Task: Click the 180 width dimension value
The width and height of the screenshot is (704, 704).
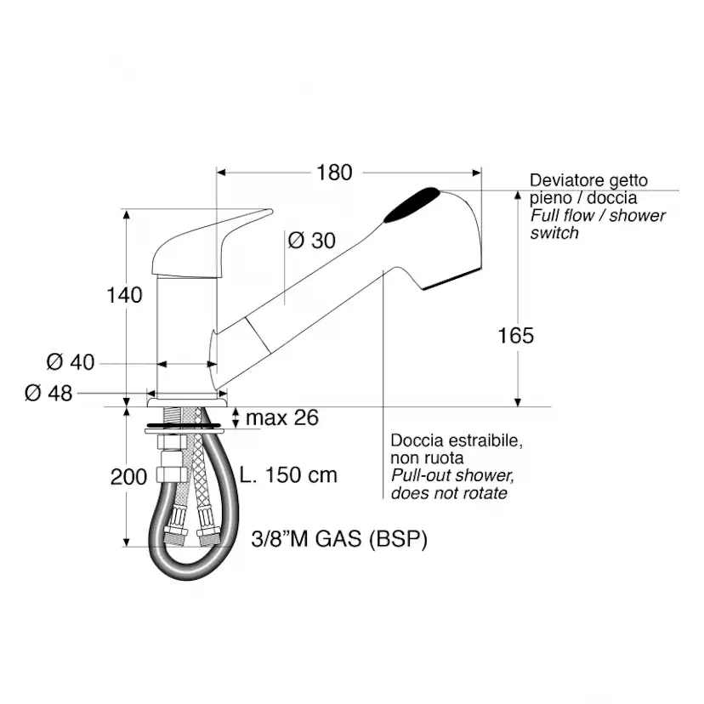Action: pos(334,173)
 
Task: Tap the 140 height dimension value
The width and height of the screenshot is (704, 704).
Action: pos(124,295)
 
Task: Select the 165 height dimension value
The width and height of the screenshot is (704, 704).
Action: pos(516,335)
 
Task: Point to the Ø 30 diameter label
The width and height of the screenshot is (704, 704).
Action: pos(311,241)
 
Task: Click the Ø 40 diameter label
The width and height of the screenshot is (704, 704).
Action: pos(71,362)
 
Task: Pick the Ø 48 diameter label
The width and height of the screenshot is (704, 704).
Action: pos(48,394)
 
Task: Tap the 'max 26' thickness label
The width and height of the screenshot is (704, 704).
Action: pos(282,417)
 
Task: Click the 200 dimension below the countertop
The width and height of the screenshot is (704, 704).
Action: pos(129,477)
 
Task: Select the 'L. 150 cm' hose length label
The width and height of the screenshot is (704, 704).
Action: pos(288,475)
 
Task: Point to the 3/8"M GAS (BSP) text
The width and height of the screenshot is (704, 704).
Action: pos(339,539)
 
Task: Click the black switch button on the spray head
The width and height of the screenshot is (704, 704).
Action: pos(412,205)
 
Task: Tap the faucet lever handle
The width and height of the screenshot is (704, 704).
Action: pos(211,245)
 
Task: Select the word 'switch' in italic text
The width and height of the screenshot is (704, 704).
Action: pos(554,233)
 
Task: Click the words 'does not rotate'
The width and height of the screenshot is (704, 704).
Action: pos(449,493)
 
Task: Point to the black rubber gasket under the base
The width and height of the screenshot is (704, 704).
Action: pos(185,423)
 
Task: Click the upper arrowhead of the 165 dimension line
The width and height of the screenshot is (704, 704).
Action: pos(518,195)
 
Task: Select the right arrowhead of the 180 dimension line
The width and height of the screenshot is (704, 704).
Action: pos(477,173)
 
